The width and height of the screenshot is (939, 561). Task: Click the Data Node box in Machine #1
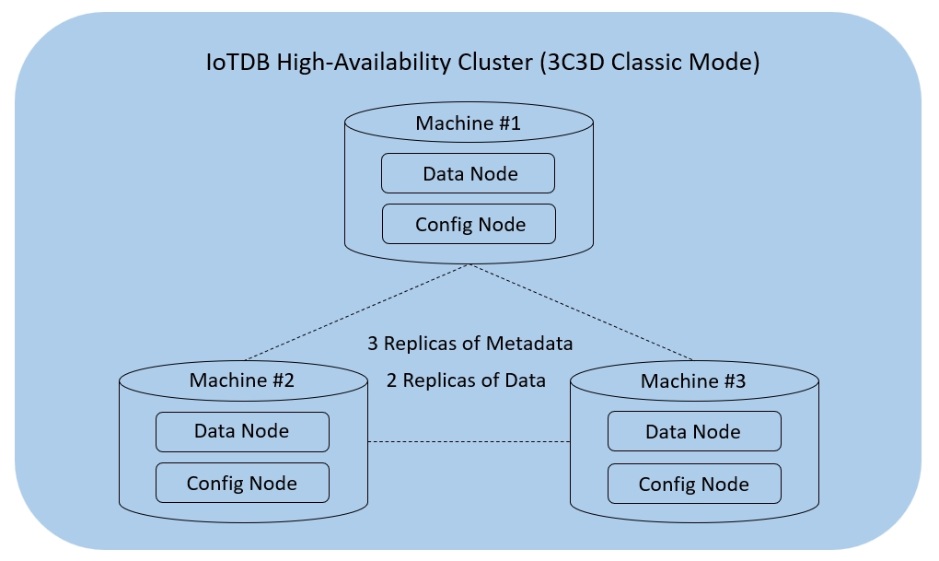coord(469,173)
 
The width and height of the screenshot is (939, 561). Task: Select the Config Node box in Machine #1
coord(469,224)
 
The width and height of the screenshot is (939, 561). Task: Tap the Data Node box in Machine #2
coord(242,431)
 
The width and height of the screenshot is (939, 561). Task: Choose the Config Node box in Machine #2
coord(242,483)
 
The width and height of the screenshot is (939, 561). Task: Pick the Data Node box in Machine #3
coord(693,431)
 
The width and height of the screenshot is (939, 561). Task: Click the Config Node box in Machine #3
coord(693,484)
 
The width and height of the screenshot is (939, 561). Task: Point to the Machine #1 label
coord(469,123)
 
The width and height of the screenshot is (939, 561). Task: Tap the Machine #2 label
coord(242,380)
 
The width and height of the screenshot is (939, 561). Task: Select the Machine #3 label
coord(693,380)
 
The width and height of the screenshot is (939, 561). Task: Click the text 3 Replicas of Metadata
coord(470,344)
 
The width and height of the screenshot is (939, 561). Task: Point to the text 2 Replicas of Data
coord(467,380)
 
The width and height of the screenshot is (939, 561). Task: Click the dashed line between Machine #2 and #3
coord(469,442)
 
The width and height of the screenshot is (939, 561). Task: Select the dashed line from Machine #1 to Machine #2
coord(359,311)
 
